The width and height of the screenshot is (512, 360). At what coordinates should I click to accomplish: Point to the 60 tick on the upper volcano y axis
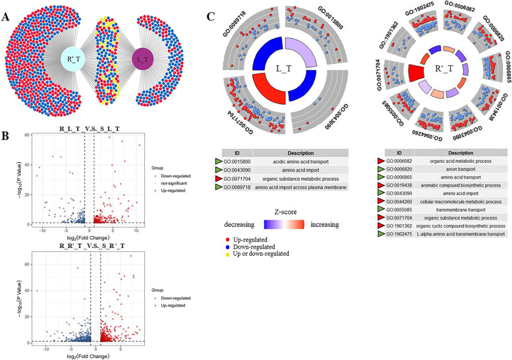click(27, 135)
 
